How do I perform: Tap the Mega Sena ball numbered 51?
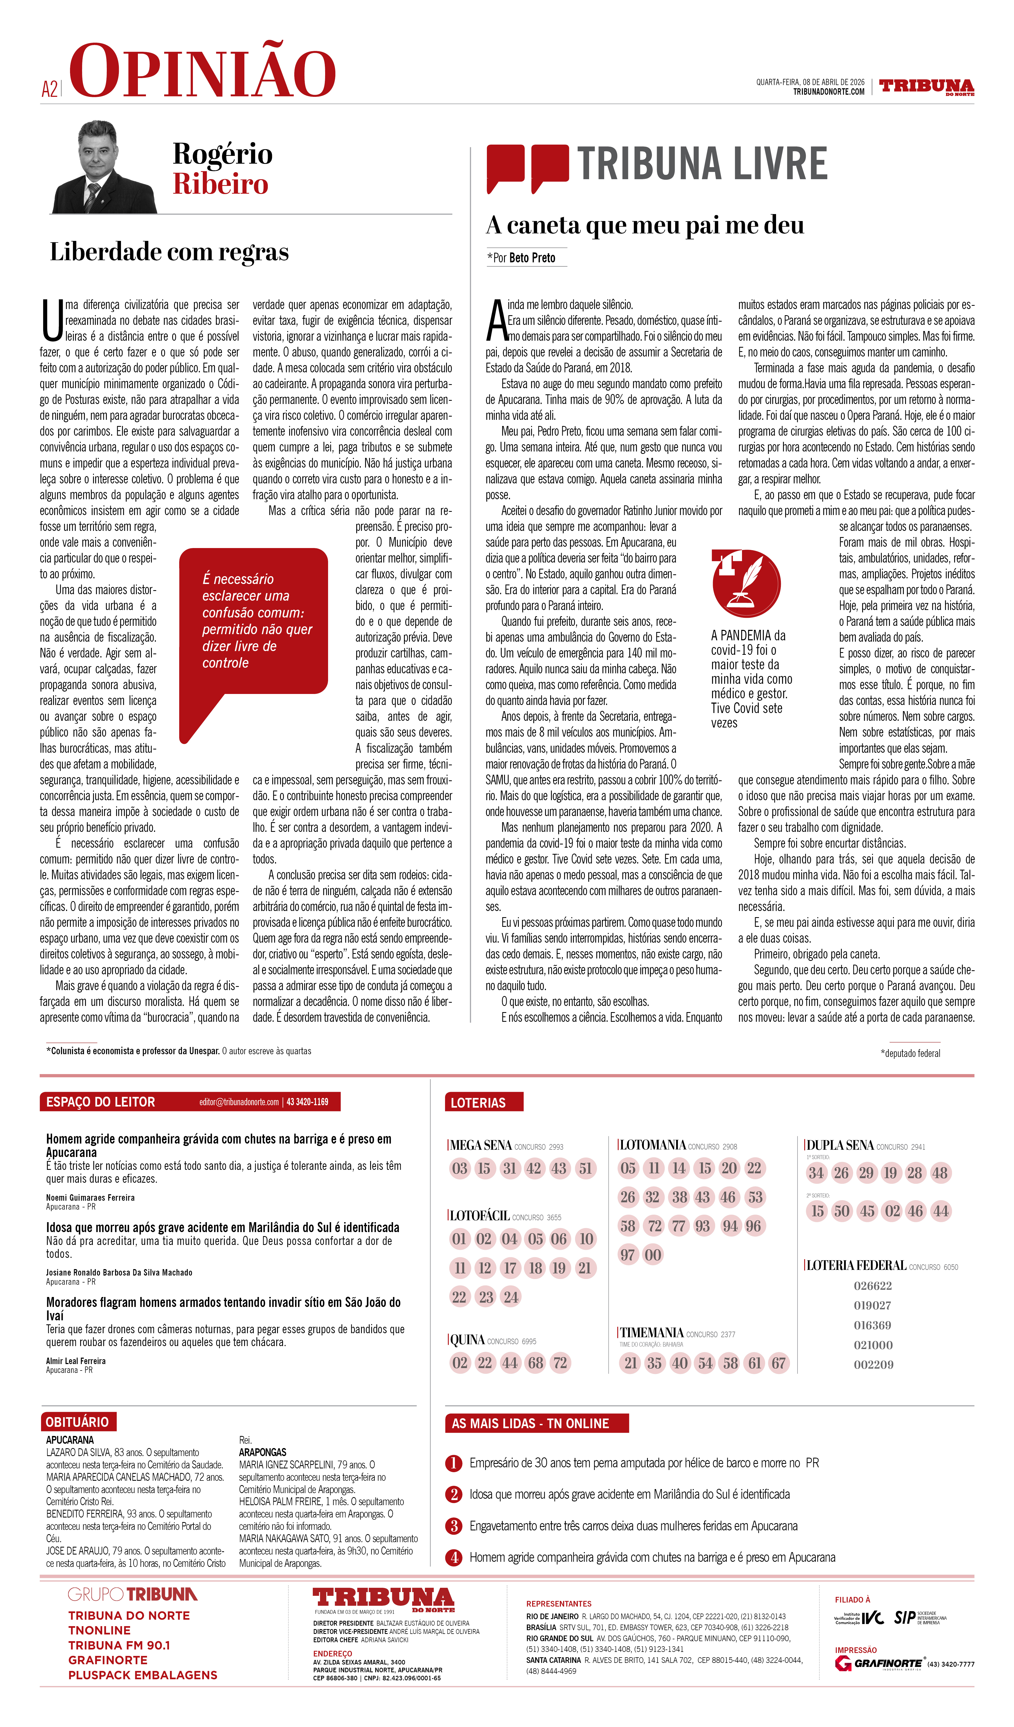click(x=585, y=1169)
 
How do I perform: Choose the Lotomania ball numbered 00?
click(x=653, y=1255)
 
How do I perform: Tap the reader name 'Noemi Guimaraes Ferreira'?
click(x=90, y=1197)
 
